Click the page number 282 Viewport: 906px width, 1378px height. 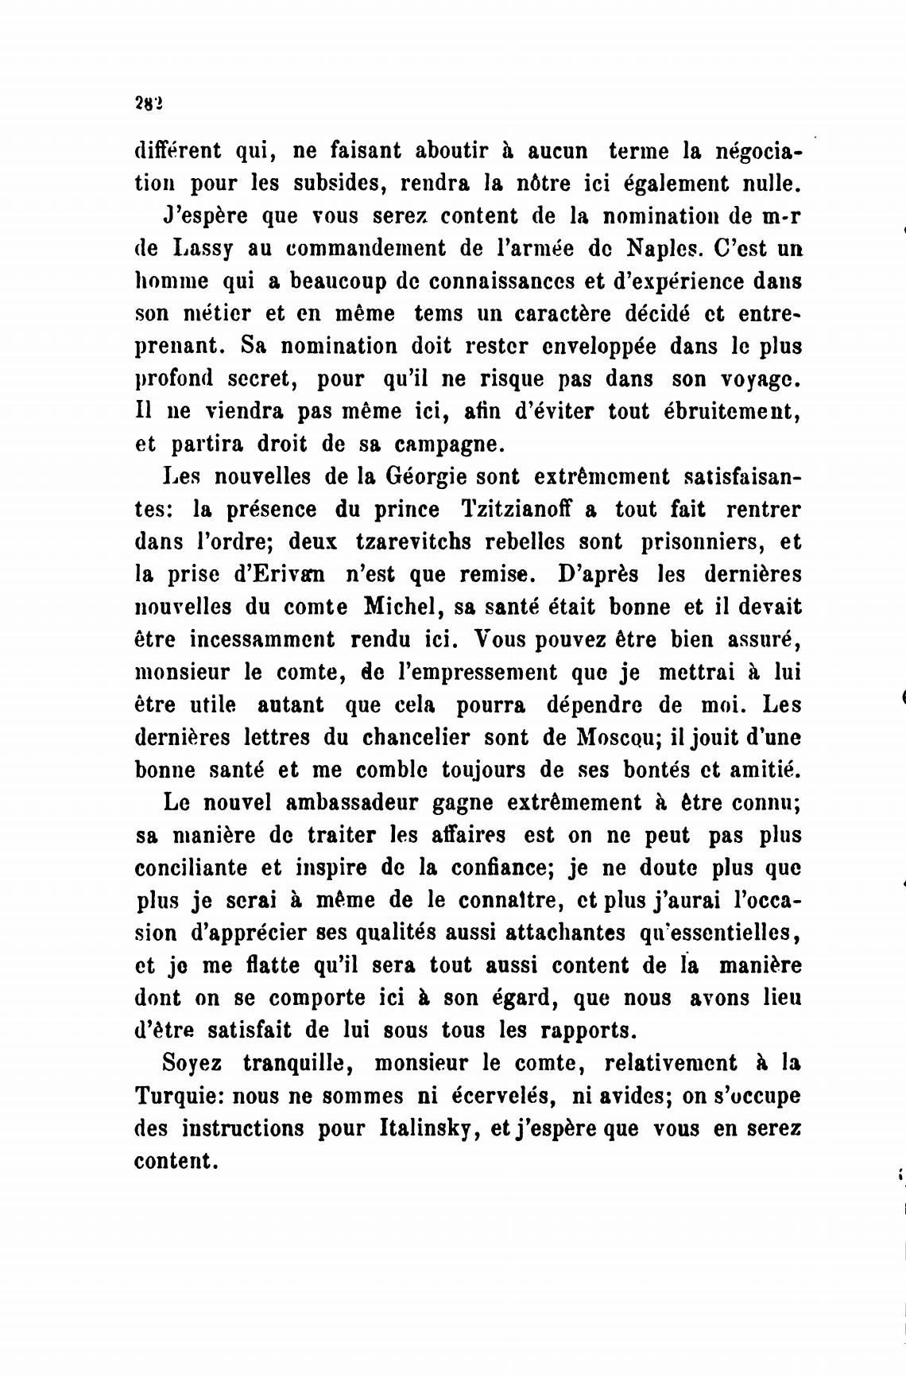pos(149,103)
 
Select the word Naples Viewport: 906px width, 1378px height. pos(663,249)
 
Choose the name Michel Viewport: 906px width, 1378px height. pos(402,607)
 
